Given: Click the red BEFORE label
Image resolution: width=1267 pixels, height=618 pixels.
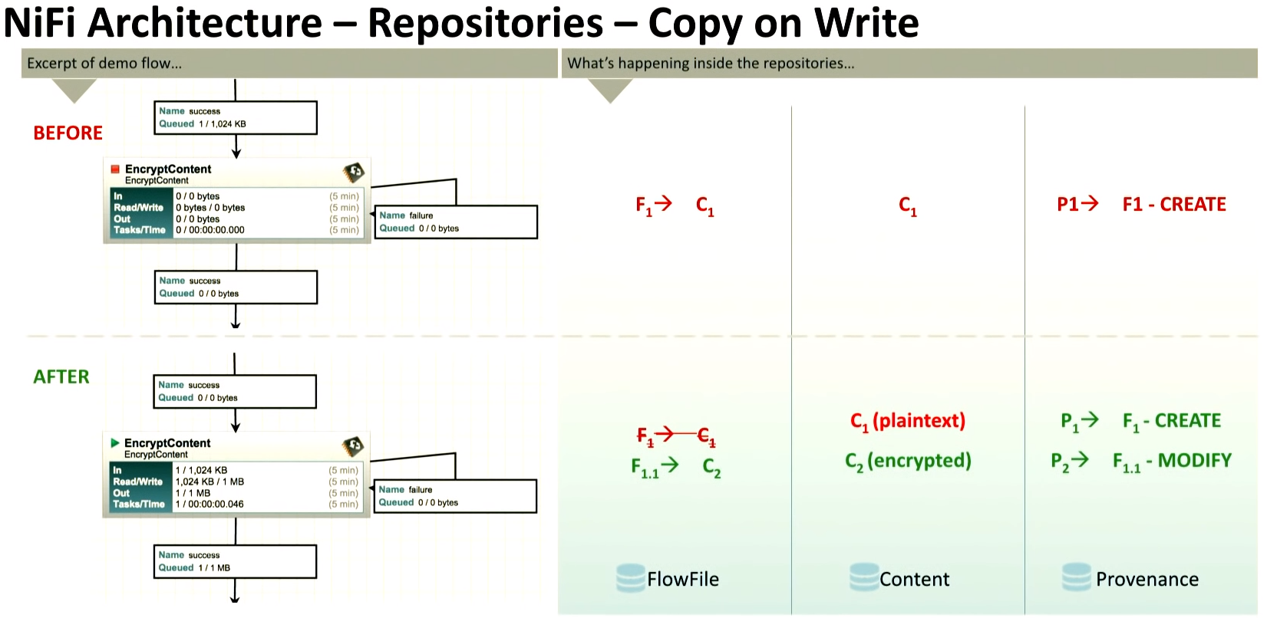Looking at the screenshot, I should tap(68, 133).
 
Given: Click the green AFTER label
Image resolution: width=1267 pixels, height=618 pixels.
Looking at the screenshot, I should tap(61, 376).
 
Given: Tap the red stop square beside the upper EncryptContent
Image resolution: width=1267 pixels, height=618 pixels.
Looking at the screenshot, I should tap(115, 169).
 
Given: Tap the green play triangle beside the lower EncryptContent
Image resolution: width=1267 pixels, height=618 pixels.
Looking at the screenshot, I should tap(114, 442).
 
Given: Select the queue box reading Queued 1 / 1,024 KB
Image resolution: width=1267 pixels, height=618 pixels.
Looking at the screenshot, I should tap(236, 117).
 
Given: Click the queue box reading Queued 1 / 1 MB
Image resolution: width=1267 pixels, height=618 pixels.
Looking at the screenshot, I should tap(235, 561).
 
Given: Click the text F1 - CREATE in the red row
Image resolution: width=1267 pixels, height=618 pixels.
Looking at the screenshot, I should tap(1173, 204).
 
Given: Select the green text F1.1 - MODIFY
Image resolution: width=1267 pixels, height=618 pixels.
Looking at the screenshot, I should tap(1171, 461).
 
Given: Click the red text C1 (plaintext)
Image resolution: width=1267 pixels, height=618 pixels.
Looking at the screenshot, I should tap(907, 421).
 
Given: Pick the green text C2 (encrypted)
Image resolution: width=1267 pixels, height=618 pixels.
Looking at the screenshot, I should tap(908, 461).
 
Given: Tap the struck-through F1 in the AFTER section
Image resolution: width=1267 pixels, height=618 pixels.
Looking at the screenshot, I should tap(645, 436).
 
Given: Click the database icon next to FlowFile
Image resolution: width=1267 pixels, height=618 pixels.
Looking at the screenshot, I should tap(630, 578).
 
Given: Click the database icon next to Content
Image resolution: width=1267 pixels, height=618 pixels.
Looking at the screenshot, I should tap(863, 578).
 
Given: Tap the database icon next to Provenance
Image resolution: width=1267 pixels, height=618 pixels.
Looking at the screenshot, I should tap(1076, 578).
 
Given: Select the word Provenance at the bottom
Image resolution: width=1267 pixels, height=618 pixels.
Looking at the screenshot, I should tap(1147, 580).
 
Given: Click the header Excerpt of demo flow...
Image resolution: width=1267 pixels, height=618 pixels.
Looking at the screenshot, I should tap(104, 64).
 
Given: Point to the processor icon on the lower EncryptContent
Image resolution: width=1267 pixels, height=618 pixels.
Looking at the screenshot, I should tap(353, 445).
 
